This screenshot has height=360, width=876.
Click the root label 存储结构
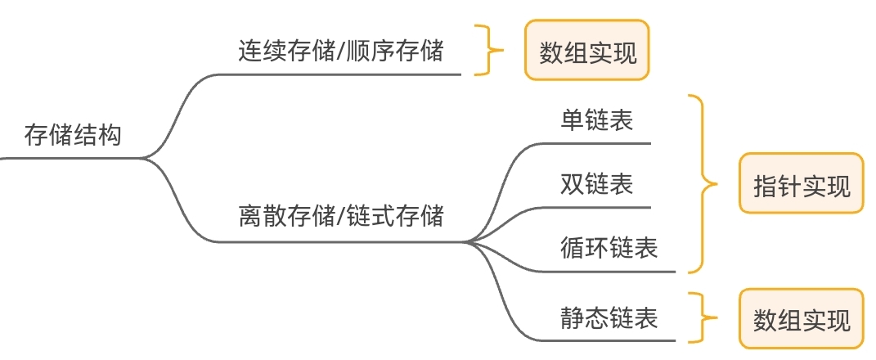click(73, 134)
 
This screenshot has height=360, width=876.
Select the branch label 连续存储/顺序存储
click(341, 52)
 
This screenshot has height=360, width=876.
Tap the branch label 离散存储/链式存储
click(341, 217)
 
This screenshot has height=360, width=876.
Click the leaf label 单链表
click(597, 121)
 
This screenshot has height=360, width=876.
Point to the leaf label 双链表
click(597, 183)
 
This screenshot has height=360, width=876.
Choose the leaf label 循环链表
click(609, 246)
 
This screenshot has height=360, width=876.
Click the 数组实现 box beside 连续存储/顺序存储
click(586, 51)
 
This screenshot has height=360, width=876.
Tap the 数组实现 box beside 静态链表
click(801, 319)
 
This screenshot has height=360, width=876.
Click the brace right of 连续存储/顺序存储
click(490, 51)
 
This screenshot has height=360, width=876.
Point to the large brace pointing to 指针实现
click(701, 183)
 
